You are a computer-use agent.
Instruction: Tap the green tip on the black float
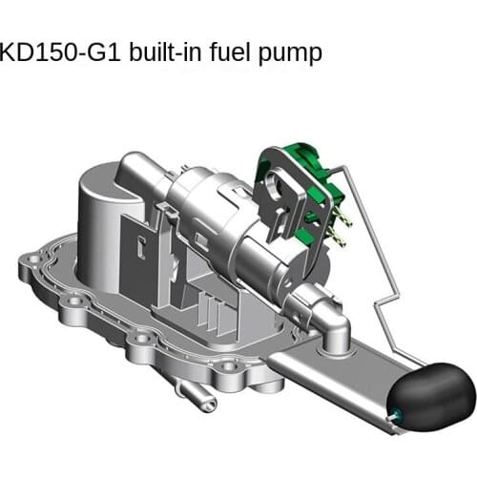(x=393, y=412)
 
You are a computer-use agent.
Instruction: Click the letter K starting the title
(x=10, y=52)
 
